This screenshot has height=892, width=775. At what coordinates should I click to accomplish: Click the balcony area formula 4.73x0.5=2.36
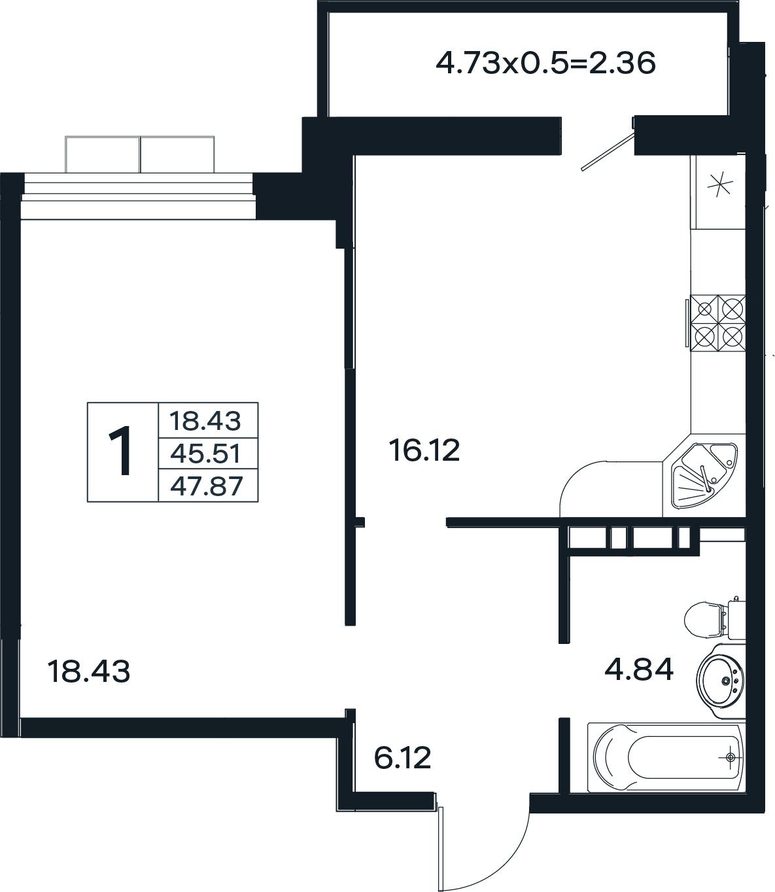point(545,64)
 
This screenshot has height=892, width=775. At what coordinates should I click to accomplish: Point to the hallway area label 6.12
point(402,758)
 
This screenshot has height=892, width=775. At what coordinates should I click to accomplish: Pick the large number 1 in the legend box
point(120,451)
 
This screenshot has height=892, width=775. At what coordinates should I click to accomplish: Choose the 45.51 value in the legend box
point(205,454)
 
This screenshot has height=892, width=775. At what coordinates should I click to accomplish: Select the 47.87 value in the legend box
point(206,486)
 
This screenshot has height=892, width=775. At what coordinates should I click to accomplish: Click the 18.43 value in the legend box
point(205,421)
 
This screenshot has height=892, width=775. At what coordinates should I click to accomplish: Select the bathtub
point(666,757)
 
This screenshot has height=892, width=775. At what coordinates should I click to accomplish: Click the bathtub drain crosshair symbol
point(730,757)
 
